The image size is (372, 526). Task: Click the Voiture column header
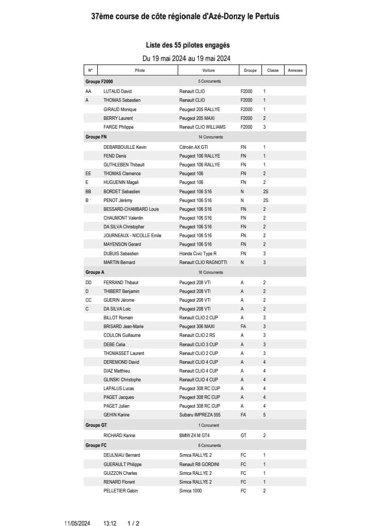tap(209, 70)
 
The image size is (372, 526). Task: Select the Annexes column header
tap(295, 70)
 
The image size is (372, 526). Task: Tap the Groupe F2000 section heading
tap(99, 82)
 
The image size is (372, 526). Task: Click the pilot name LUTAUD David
tap(118, 91)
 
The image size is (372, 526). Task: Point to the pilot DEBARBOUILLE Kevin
tap(125, 147)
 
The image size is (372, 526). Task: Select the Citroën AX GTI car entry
tap(193, 147)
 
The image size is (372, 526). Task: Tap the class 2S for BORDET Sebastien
tap(265, 191)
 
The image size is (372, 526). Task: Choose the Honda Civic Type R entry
tap(198, 253)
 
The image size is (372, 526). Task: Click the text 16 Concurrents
tap(210, 272)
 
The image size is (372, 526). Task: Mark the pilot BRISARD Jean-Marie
tap(123, 327)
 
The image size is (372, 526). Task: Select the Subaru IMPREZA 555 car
tap(200, 415)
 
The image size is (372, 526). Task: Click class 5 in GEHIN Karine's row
tap(264, 415)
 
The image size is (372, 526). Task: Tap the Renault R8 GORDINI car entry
tap(199, 465)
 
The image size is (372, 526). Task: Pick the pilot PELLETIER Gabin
tap(121, 491)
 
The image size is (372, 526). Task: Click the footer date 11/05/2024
tap(78, 523)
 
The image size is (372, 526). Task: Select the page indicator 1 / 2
tap(133, 523)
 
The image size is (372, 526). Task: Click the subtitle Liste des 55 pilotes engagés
tap(188, 45)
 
